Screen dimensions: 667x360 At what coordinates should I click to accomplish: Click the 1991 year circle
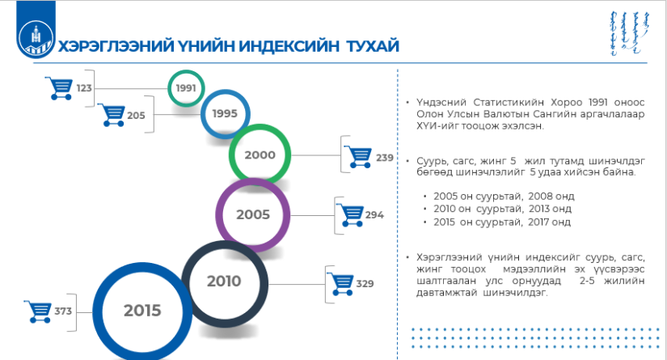[186, 73]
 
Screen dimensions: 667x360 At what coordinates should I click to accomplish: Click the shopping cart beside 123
[59, 88]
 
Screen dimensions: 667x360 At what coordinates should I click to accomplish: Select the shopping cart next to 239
[358, 157]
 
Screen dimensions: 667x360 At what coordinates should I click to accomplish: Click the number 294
[374, 215]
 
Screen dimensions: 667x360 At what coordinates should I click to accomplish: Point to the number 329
[365, 283]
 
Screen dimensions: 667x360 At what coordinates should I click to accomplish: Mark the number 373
[63, 311]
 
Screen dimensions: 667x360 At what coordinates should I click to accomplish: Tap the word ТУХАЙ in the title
[373, 46]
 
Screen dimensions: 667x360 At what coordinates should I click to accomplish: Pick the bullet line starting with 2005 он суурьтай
[504, 196]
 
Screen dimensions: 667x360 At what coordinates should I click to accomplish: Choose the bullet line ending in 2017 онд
[502, 222]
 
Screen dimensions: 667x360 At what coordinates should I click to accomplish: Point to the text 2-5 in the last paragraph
[587, 281]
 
